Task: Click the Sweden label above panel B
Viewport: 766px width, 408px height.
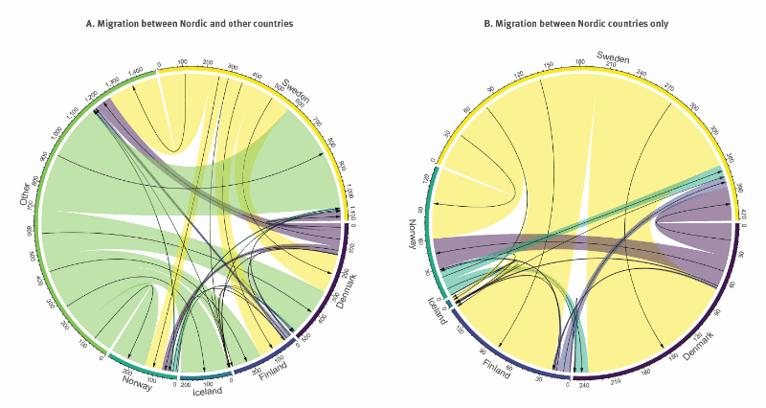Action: coord(613,58)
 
